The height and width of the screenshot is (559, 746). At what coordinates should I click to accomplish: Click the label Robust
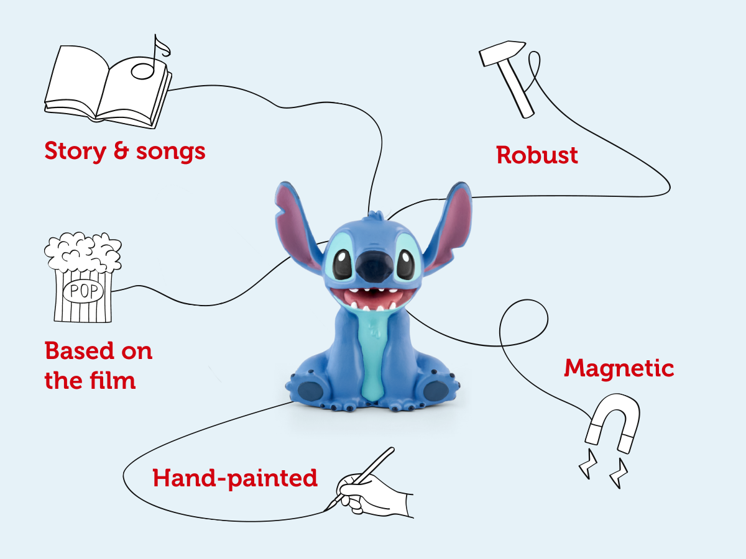537,155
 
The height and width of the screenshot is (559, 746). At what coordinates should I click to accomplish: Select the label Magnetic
619,368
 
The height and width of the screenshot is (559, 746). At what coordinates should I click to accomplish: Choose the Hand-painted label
235,478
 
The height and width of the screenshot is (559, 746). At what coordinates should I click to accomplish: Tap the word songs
168,151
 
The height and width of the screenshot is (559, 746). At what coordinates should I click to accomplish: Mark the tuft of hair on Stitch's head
373,216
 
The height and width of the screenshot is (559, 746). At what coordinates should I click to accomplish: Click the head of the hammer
495,52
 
